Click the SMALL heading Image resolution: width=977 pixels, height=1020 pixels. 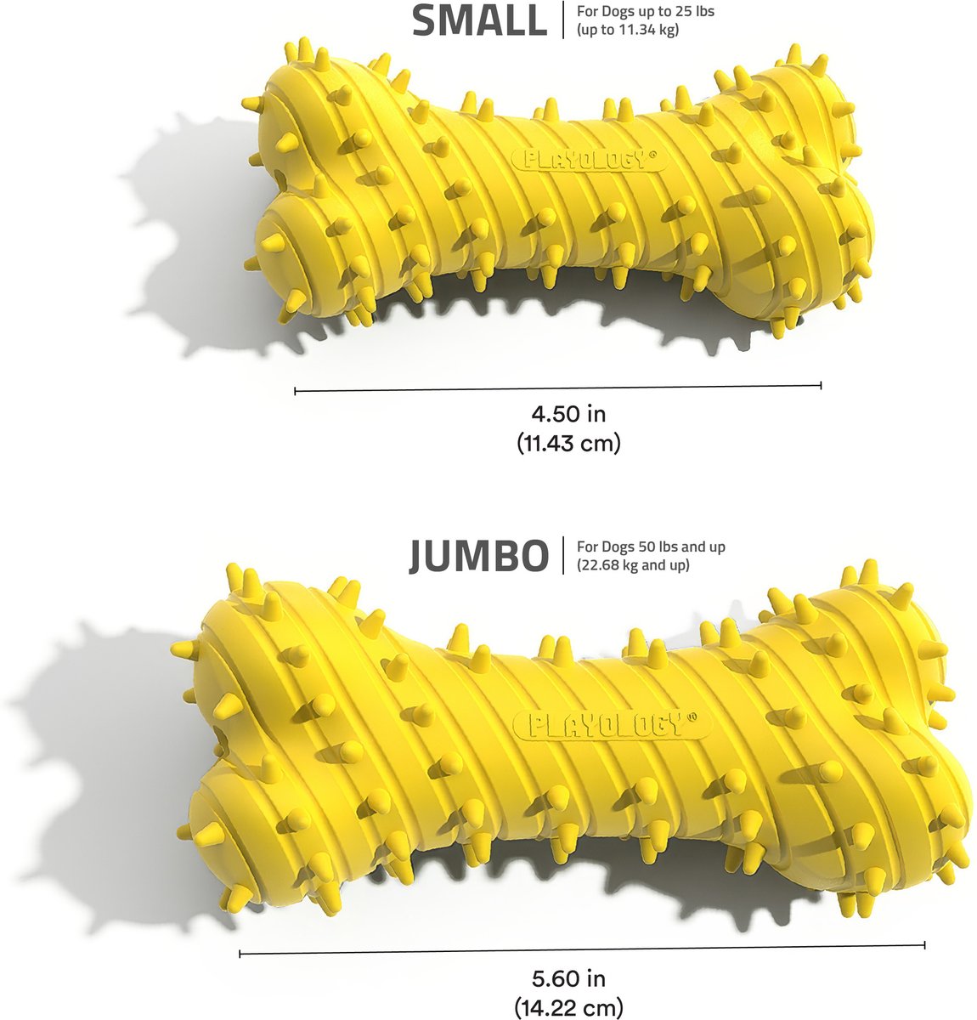tap(479, 21)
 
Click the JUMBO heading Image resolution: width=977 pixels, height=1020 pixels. tap(478, 556)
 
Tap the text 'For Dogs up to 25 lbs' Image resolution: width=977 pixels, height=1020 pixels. tap(646, 11)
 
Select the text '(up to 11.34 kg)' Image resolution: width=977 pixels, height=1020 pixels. tap(628, 30)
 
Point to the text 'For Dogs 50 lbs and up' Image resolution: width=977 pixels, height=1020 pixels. tap(651, 547)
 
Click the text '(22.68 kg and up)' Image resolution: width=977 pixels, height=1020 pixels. tap(633, 565)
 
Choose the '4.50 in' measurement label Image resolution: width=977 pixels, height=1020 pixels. tap(568, 414)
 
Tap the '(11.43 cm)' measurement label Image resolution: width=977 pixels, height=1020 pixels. tap(568, 444)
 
